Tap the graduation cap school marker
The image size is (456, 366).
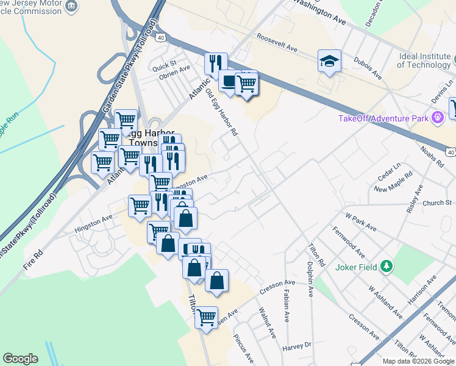pos(329,61)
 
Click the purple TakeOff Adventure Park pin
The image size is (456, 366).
pos(436,117)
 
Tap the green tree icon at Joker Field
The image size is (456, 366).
pos(385,266)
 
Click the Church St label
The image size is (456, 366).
pos(438,203)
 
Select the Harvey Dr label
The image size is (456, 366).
pos(297,345)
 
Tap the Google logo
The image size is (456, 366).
pos(20,359)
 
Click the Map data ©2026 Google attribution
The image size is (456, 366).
pos(418,361)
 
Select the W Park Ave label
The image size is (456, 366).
pos(361,222)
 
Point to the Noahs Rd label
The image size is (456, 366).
pos(433,157)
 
